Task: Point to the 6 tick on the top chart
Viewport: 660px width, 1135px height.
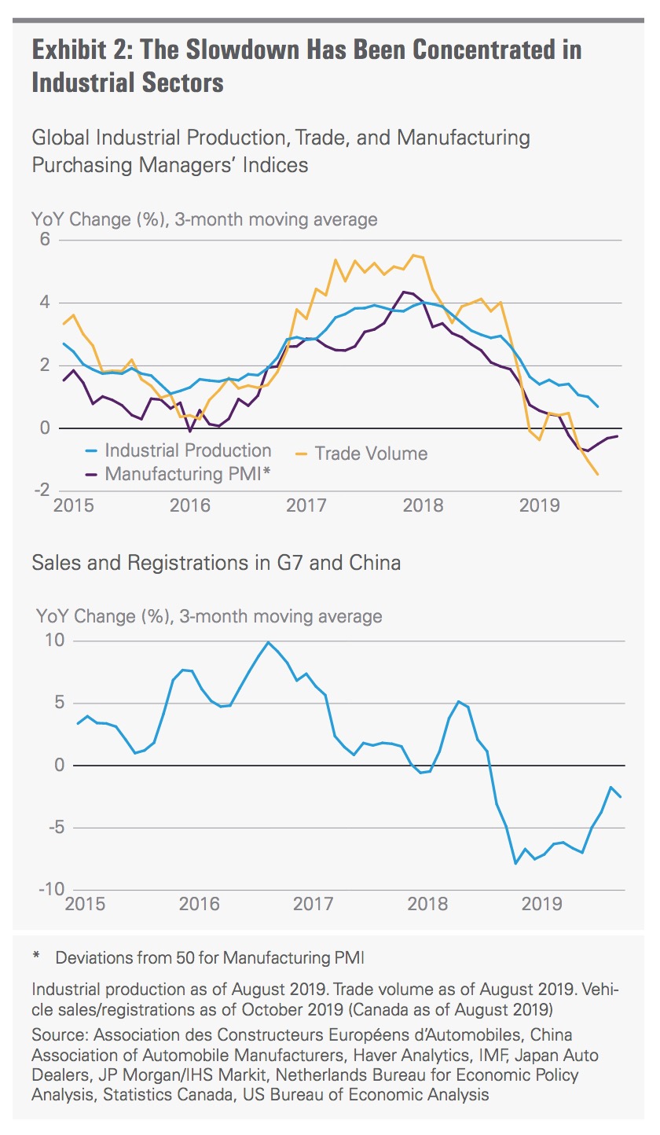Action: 45,240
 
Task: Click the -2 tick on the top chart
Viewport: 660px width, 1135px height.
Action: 42,490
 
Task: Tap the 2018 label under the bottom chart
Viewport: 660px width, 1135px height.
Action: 428,903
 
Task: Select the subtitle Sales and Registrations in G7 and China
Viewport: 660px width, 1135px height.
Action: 216,563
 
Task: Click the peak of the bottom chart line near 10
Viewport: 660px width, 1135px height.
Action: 268,642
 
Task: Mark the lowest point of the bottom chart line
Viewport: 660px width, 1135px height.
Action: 515,863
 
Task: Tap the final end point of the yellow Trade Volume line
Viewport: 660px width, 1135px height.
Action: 598,474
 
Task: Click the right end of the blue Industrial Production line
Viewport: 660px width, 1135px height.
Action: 598,406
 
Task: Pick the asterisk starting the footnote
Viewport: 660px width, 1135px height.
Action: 36,958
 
